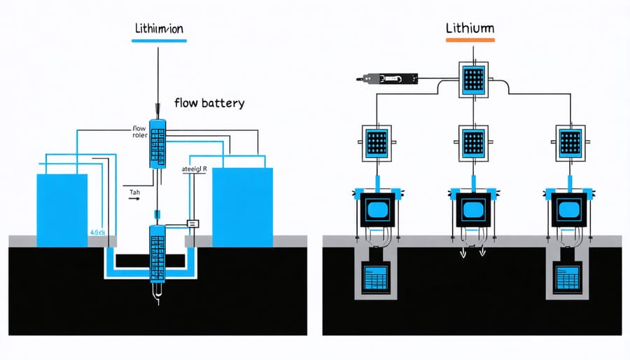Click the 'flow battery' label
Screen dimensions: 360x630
click(209, 103)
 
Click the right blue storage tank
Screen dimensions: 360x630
click(241, 207)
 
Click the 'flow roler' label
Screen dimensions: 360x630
click(139, 132)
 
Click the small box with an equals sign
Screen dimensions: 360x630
click(193, 223)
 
